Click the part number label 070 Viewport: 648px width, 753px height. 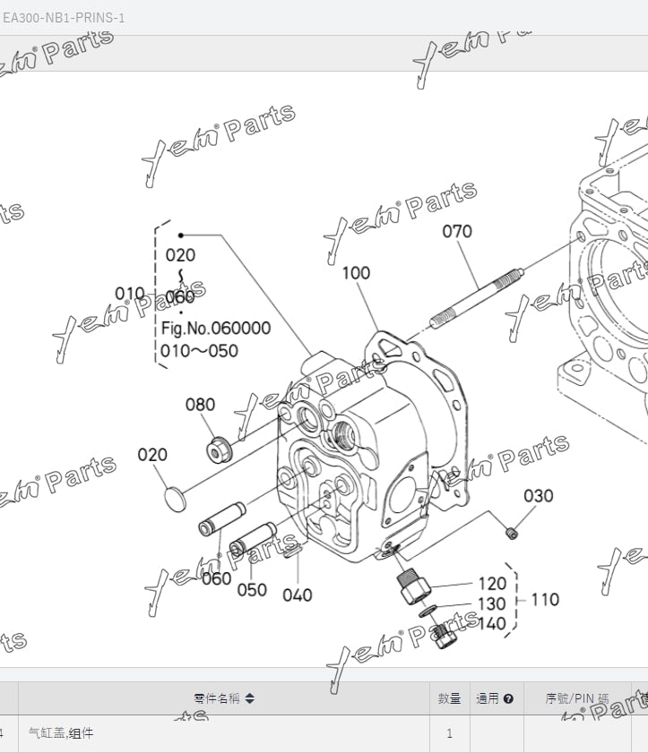click(x=456, y=232)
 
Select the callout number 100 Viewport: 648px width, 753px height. click(x=356, y=272)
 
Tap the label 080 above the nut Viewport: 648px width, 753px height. click(x=200, y=405)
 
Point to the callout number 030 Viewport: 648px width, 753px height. click(x=539, y=496)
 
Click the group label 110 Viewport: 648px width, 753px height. click(x=546, y=599)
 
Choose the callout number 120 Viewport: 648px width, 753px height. click(x=492, y=584)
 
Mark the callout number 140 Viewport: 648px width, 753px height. click(x=492, y=624)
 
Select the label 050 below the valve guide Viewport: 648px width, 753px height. click(x=252, y=590)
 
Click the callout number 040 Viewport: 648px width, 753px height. click(x=298, y=595)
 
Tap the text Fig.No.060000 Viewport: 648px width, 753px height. click(x=215, y=329)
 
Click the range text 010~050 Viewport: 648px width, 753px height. click(x=199, y=351)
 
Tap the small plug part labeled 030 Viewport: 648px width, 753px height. click(x=512, y=535)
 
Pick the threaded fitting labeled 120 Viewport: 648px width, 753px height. click(x=412, y=586)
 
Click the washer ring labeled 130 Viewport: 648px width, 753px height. click(x=429, y=611)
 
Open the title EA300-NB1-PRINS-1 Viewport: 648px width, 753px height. click(x=64, y=18)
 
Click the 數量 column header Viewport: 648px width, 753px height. click(x=449, y=698)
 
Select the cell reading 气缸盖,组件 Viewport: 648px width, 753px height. click(x=61, y=734)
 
